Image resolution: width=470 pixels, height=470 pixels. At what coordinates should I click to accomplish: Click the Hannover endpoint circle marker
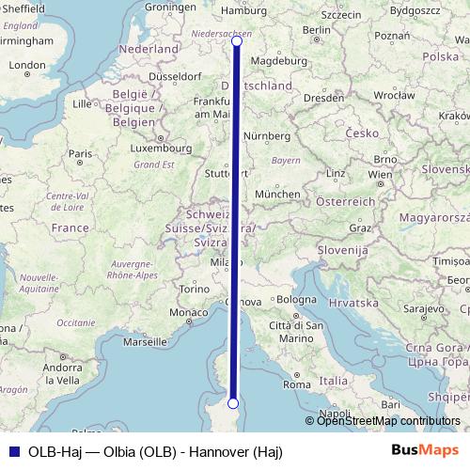coord(236,41)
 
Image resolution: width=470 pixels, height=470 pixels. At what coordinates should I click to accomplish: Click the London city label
coord(26,65)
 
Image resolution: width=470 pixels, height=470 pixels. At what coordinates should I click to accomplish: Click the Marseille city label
coord(143,342)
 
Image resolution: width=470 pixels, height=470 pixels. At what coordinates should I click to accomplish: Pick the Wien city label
coord(380,175)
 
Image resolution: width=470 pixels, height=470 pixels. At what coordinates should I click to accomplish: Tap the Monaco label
coord(189,312)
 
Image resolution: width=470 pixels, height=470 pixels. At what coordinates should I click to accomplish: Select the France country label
coord(69,227)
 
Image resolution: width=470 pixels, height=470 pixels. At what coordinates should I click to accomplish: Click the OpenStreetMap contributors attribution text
coord(388,421)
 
